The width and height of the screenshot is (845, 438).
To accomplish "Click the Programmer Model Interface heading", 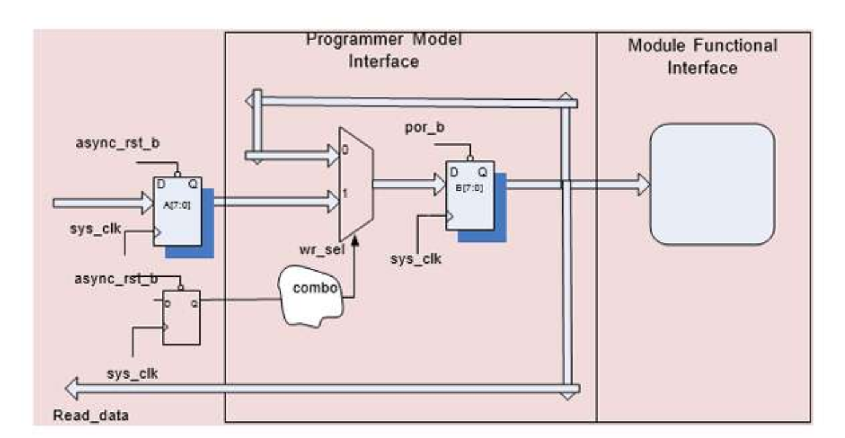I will coord(383,50).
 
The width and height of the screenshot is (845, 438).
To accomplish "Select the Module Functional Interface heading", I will coord(702,56).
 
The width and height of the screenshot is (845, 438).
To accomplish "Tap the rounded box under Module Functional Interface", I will coord(712,184).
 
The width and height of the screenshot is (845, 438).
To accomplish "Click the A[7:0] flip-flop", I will coord(177,210).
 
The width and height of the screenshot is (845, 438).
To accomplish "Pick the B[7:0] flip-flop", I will coord(469,195).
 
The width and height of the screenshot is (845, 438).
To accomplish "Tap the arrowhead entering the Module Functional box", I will coord(642,184).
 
